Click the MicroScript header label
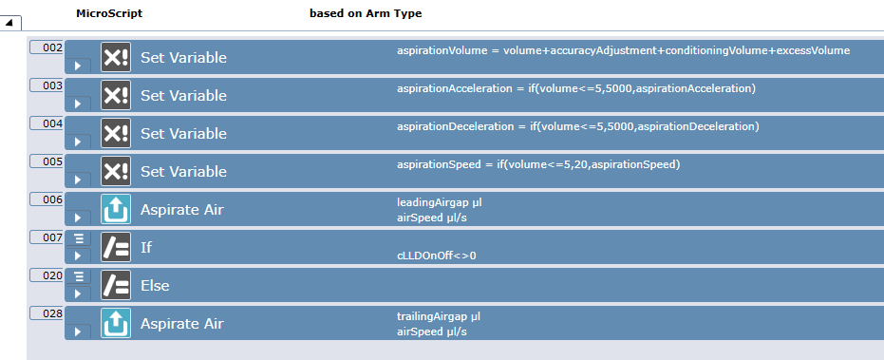tap(109, 13)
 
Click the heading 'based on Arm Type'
tap(366, 13)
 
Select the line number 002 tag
tap(47, 47)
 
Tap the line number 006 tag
tap(47, 199)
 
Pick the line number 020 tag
tap(47, 275)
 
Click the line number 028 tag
tap(47, 313)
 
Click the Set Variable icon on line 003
tap(116, 95)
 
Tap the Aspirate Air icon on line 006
tap(116, 209)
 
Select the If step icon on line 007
tap(116, 247)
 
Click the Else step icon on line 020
tap(116, 285)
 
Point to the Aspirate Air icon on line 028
tap(116, 323)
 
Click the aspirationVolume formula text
tap(623, 50)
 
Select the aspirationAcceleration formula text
tap(576, 88)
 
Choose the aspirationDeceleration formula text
tap(578, 126)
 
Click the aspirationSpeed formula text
tap(538, 164)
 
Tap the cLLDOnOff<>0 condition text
tap(436, 256)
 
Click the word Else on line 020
tap(155, 285)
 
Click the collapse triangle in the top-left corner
tap(10, 22)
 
